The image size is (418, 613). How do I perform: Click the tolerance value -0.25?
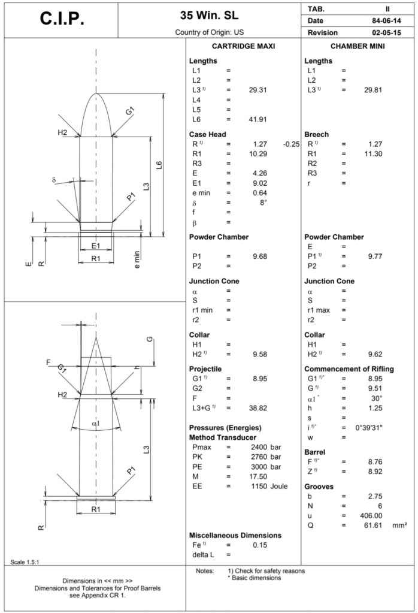pyautogui.click(x=291, y=144)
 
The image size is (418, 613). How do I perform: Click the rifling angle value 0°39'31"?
pyautogui.click(x=366, y=427)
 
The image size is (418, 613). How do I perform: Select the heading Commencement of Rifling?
pyautogui.click(x=349, y=369)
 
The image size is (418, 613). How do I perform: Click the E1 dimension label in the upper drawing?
pyautogui.click(x=95, y=246)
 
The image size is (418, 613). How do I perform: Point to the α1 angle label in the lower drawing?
pyautogui.click(x=95, y=424)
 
